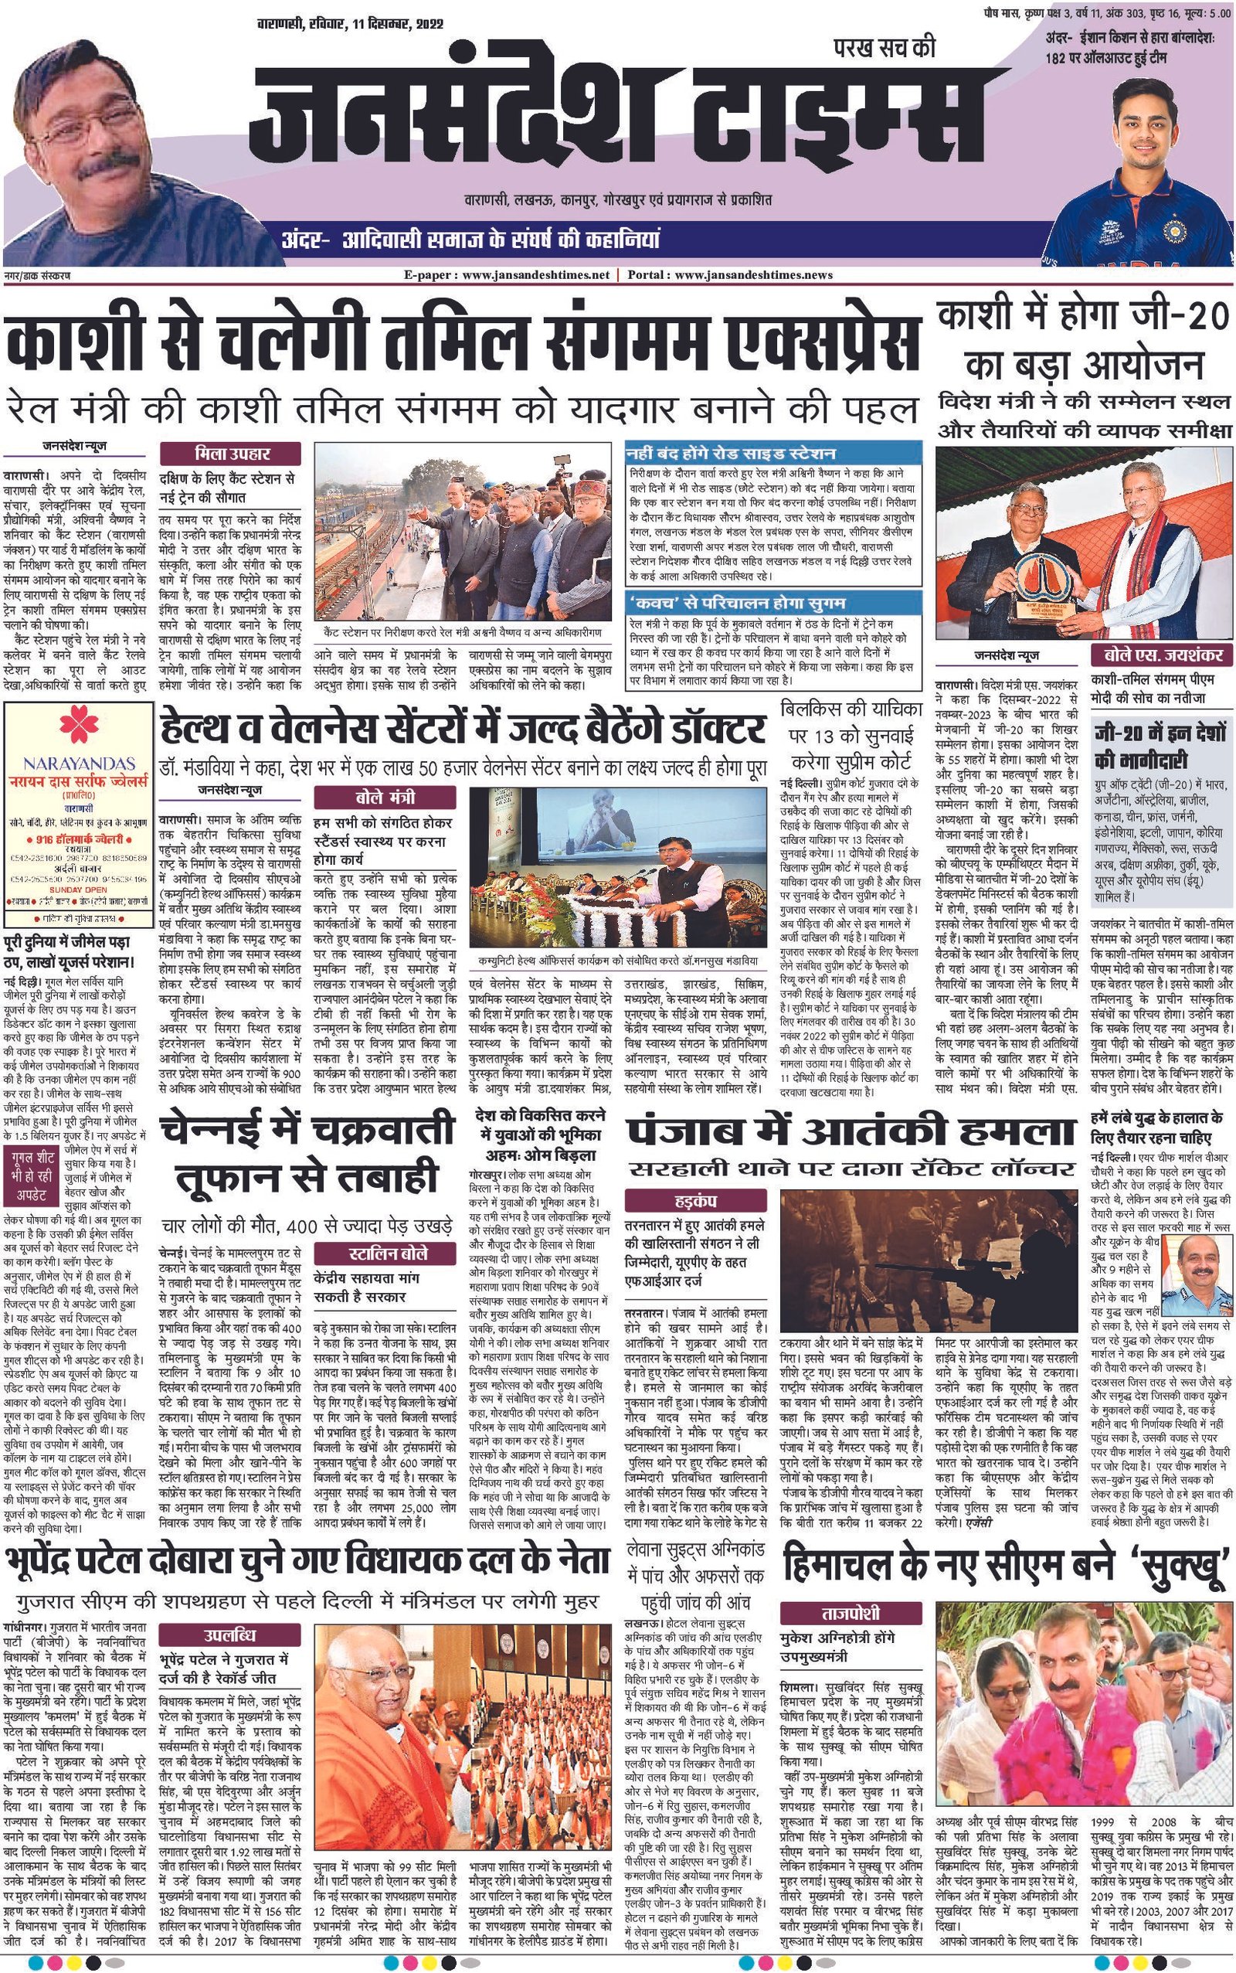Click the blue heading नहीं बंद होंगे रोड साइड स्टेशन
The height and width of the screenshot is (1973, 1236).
click(730, 453)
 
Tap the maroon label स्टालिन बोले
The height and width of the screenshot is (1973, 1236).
click(382, 1254)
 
